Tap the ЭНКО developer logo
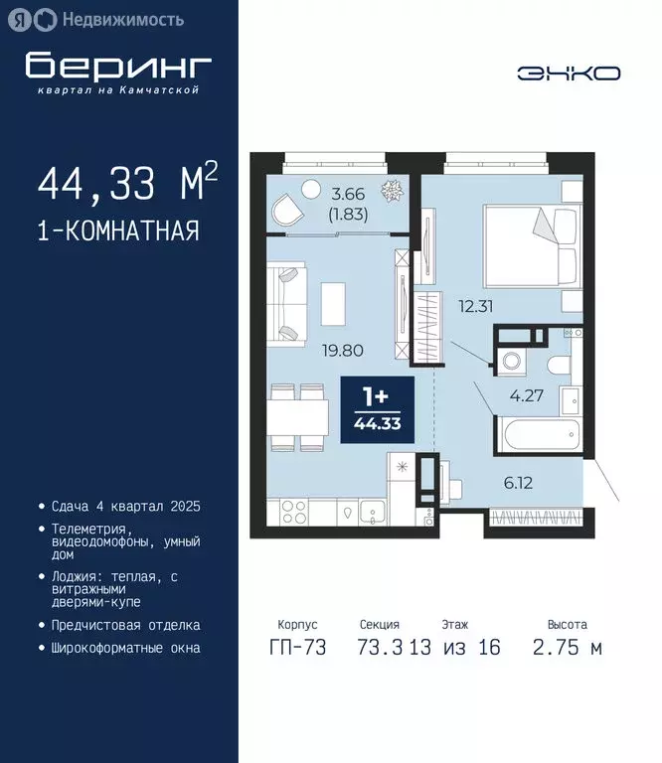tap(569, 73)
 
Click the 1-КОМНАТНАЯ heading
tap(118, 231)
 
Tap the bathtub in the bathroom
tap(537, 435)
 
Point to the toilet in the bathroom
tap(559, 365)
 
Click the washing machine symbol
tap(513, 363)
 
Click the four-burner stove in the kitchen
tap(296, 511)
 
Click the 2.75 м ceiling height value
tap(568, 649)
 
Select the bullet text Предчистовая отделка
tap(126, 625)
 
